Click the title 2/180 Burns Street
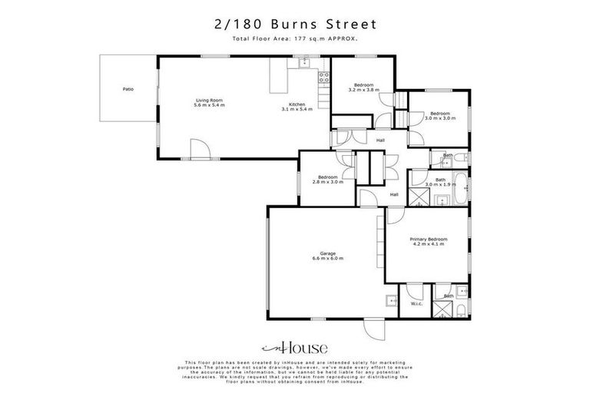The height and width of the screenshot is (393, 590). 295,24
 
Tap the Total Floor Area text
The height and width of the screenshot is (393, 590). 295,38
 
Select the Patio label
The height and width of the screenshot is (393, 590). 128,90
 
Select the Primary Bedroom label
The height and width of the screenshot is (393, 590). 428,242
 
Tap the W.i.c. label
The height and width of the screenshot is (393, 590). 416,304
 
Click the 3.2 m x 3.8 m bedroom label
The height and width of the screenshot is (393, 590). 364,88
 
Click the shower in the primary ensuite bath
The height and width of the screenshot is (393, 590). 443,310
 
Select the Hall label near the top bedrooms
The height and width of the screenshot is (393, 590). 380,140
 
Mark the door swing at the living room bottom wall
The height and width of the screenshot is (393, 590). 199,150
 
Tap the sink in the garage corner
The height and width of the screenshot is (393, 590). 391,301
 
